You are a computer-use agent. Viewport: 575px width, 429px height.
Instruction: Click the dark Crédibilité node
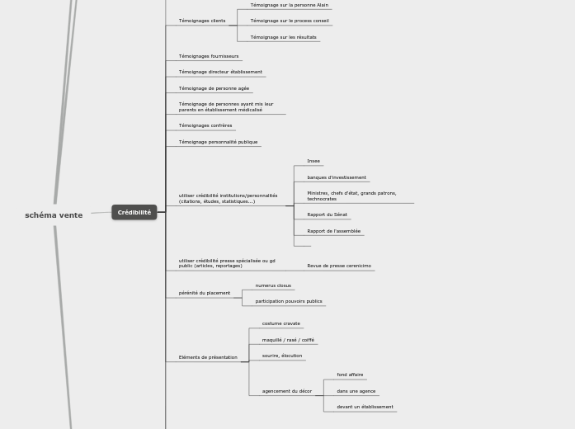pos(134,213)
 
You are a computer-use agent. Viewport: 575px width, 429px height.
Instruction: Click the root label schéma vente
pos(54,215)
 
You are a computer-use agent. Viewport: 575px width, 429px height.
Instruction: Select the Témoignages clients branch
pos(202,21)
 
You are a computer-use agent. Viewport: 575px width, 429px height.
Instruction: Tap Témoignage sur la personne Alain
pos(289,5)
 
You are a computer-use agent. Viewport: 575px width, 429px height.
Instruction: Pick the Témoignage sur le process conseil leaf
pos(290,21)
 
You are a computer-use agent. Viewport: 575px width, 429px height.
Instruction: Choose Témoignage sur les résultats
pos(283,37)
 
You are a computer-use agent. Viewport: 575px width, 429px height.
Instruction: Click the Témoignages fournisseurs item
pos(209,56)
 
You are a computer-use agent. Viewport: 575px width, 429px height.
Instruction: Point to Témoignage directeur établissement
pos(220,72)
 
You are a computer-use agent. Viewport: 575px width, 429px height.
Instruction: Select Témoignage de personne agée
pos(214,88)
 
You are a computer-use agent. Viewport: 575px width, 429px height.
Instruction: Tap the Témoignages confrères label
pos(205,125)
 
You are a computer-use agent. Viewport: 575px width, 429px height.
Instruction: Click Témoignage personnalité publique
pos(218,142)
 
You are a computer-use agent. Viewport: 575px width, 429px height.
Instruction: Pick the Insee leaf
pos(313,161)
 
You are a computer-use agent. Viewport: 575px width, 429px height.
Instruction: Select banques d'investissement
pos(337,177)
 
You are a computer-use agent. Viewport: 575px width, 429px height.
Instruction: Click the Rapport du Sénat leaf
pos(327,214)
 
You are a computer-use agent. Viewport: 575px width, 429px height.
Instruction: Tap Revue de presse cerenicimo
pos(339,266)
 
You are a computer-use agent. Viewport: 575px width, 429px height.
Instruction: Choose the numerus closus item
pos(273,285)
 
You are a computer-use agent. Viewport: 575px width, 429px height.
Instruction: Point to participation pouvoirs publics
pos(289,301)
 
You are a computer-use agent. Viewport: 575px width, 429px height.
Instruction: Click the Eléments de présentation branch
pos(208,357)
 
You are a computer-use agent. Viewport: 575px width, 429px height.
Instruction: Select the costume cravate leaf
pos(281,323)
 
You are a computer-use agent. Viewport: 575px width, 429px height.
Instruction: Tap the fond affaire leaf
pos(350,375)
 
